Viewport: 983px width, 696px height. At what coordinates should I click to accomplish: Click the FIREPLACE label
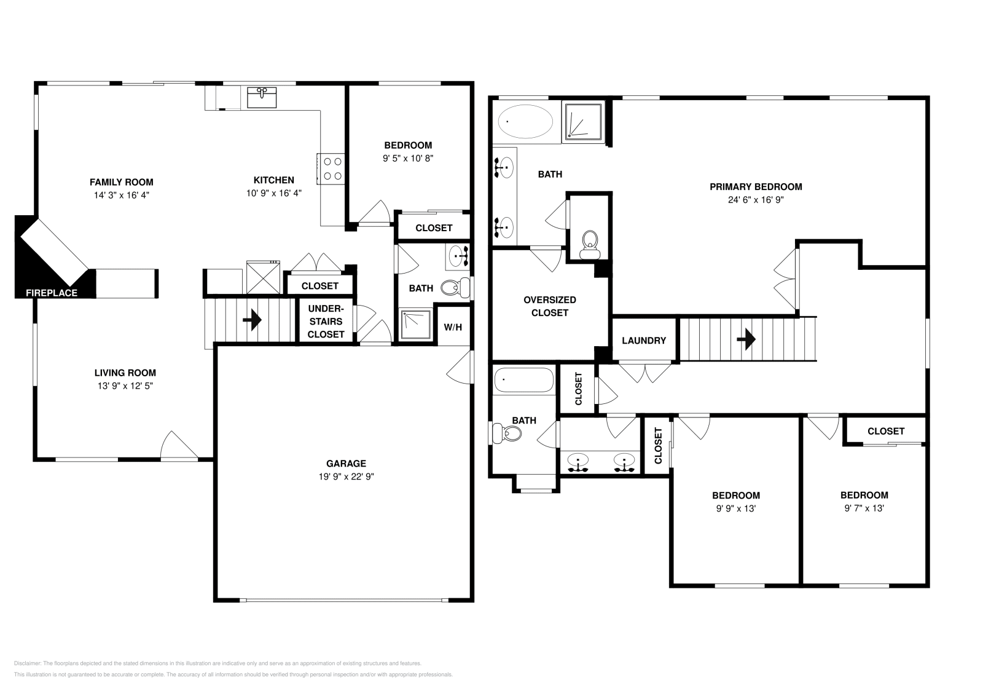52,293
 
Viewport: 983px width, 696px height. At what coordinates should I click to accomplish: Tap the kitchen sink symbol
262,97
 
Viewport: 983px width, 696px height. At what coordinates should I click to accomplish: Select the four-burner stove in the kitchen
333,168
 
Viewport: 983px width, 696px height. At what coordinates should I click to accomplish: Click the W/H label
453,327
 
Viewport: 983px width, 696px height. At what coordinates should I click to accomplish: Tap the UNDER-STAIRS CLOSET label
326,322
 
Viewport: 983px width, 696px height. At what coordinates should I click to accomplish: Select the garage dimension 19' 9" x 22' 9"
346,477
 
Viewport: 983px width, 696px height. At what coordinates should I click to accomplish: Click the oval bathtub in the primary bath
524,122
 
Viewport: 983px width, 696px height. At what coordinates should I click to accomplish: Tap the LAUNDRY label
643,341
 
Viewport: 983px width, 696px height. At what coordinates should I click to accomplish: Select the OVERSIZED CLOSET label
550,306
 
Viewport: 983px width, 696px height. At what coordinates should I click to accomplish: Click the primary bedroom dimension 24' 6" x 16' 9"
756,200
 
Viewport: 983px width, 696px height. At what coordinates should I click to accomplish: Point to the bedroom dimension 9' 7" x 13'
864,508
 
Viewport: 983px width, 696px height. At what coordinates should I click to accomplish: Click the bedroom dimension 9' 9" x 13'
735,508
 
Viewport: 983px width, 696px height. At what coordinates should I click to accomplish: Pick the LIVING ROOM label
125,373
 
